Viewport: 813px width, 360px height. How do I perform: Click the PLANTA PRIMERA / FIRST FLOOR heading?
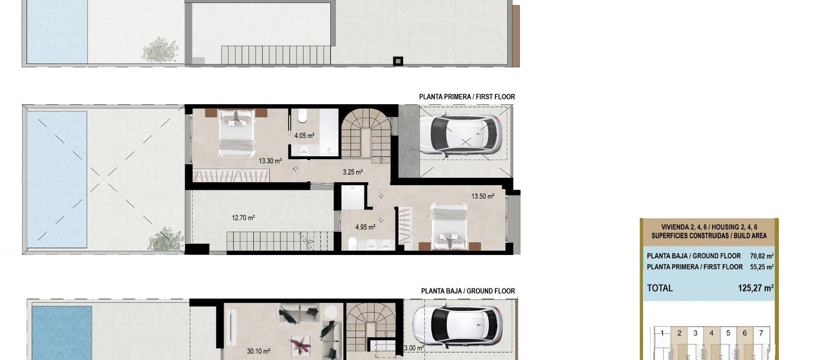coord(467,97)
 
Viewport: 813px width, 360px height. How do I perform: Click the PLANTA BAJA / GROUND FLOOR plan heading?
coord(468,291)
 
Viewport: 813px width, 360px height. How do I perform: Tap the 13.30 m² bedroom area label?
coord(270,161)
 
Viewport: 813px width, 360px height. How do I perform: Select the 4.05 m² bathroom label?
coord(304,136)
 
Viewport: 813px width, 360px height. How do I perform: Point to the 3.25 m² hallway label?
coord(352,172)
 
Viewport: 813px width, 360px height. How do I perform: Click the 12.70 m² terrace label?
coord(243,218)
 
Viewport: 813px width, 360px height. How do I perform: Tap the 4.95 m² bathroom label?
coord(365,227)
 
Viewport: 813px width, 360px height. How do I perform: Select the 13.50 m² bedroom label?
coord(483,197)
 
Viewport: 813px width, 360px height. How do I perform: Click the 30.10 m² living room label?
coord(258,351)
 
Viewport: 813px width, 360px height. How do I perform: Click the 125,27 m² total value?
coord(755,288)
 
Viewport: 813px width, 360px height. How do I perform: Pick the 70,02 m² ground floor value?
coord(761,256)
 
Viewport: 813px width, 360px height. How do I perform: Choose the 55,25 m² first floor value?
coord(761,267)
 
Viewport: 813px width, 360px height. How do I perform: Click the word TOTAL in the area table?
coord(660,288)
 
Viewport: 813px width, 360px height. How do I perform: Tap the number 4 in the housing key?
coord(711,333)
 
